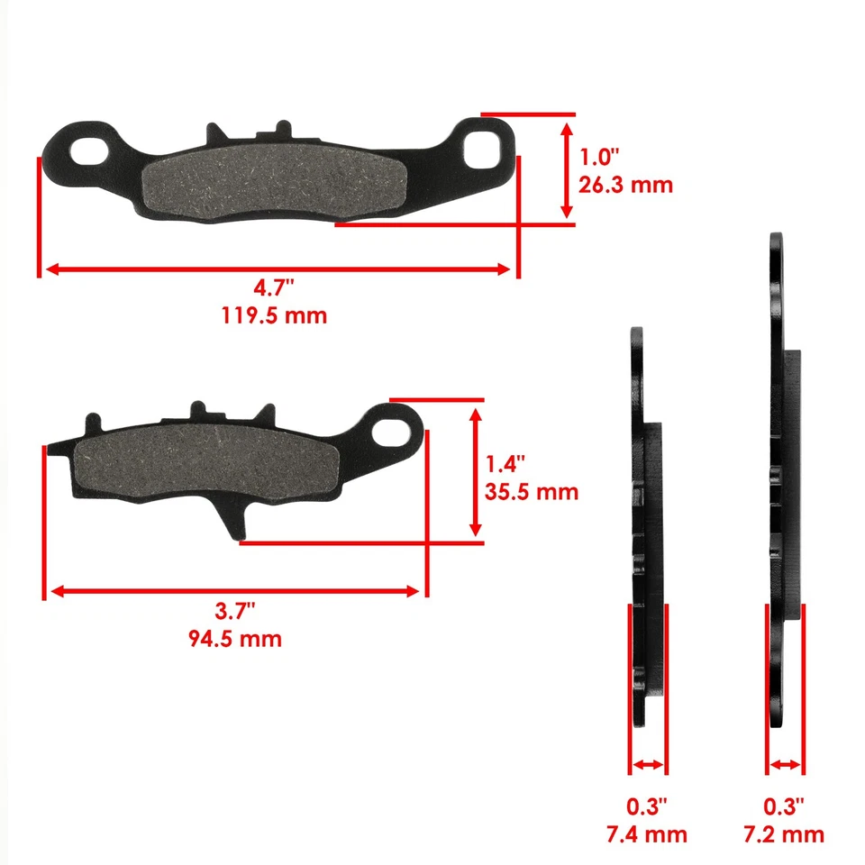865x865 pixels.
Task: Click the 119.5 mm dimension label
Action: (x=274, y=316)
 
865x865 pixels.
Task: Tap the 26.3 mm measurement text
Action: (x=625, y=185)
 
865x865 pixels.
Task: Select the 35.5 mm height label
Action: (x=532, y=493)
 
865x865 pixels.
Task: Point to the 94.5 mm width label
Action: (x=236, y=639)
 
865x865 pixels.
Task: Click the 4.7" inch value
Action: (x=274, y=289)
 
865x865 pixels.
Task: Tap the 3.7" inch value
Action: (x=236, y=612)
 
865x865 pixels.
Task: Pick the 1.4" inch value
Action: (x=506, y=466)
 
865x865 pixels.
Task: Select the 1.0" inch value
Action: (x=600, y=158)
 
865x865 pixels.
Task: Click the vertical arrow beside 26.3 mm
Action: (x=567, y=170)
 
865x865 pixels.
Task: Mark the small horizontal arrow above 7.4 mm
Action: (x=648, y=765)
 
